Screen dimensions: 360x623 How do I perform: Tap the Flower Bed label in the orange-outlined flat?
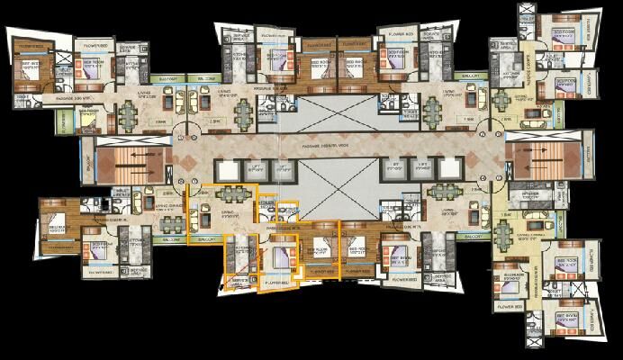coord(277,282)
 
